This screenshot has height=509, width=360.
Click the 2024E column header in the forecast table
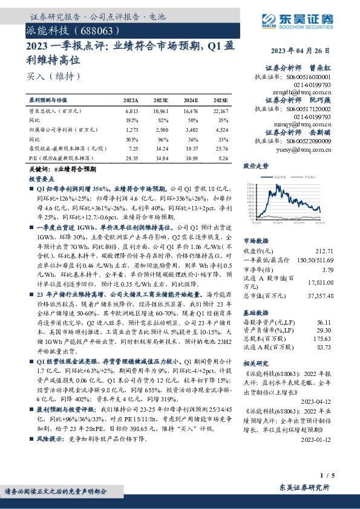(x=191, y=100)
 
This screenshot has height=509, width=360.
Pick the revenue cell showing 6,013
(x=132, y=112)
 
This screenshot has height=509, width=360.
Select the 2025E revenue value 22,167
(x=221, y=112)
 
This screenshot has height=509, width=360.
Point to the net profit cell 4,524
(x=222, y=129)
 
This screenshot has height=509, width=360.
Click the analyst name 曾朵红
(x=321, y=68)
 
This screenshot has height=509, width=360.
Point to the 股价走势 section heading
(x=257, y=165)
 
